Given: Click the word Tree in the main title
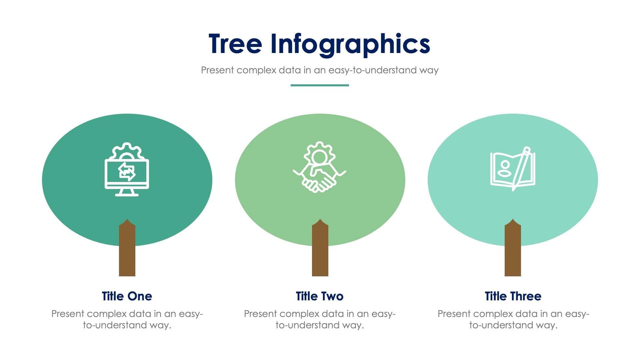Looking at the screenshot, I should [x=235, y=44].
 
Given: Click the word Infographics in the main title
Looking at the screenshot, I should [x=350, y=44].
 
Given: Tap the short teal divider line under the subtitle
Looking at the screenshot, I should [x=320, y=85].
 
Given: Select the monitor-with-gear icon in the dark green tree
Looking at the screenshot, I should [x=127, y=170].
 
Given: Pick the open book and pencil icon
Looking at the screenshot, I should [x=513, y=169].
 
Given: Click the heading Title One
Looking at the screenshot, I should [x=127, y=296].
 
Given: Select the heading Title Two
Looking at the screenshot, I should [x=320, y=296].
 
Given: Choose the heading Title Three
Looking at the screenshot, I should [x=513, y=296].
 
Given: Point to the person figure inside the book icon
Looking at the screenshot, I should [x=505, y=169].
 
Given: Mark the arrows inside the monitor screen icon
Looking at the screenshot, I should [x=127, y=172].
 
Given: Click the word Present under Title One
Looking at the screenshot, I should [x=68, y=314].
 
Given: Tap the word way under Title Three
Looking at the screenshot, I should [x=547, y=325].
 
